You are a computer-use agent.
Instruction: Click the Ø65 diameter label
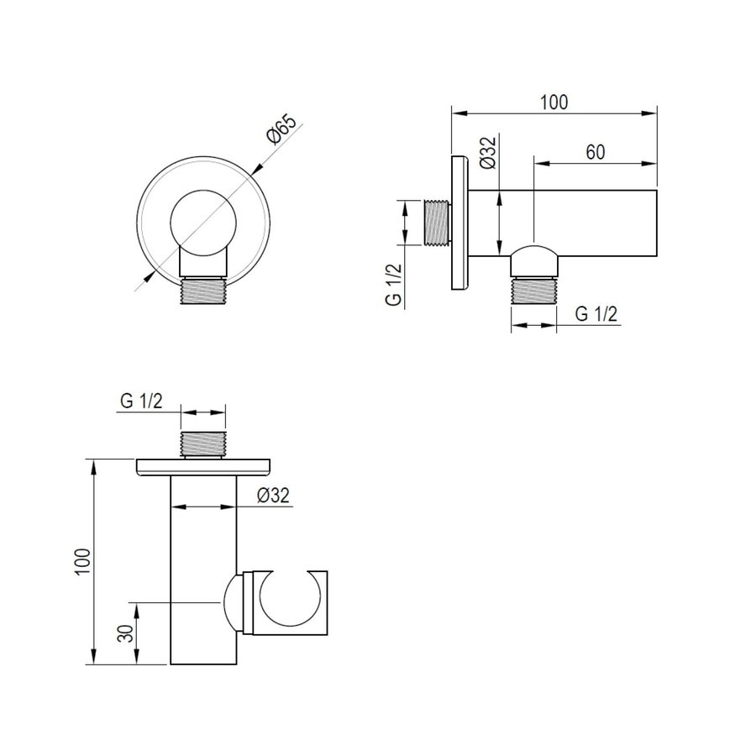[281, 129]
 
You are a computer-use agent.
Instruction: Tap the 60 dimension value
[596, 152]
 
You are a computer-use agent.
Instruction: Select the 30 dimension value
[126, 633]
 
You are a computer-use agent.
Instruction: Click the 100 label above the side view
[554, 102]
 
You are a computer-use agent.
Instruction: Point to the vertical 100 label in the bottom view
[83, 561]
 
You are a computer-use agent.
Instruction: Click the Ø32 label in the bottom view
[273, 495]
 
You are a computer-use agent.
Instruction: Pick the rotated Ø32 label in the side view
[488, 152]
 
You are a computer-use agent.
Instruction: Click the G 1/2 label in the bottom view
[141, 402]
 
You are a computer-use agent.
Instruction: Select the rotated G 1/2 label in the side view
[393, 285]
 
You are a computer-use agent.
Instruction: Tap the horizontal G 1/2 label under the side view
[596, 314]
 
